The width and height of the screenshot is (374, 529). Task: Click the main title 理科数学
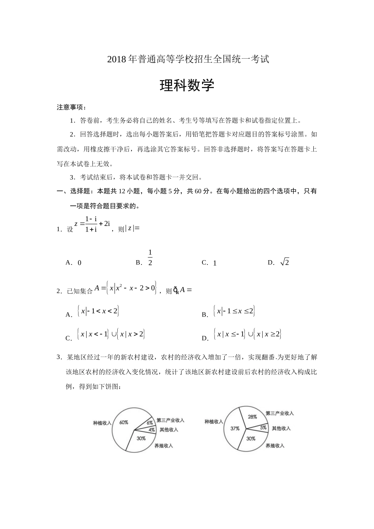[x=187, y=85]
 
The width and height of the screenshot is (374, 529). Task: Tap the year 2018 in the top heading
[x=116, y=60]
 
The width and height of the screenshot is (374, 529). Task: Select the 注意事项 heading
[x=71, y=107]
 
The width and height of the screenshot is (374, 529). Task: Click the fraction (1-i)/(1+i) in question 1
[x=91, y=224]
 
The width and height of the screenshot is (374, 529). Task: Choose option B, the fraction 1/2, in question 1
[x=150, y=258]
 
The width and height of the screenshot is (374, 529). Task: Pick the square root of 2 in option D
[x=284, y=262]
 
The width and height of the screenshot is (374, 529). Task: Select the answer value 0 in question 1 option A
[x=80, y=263]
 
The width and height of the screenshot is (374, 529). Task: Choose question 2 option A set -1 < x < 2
[x=98, y=311]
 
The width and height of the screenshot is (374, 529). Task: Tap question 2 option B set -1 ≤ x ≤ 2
[x=234, y=311]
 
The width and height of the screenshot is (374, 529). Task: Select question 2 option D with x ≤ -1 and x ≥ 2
[x=248, y=335]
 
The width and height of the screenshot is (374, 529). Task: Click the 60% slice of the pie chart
[x=124, y=422]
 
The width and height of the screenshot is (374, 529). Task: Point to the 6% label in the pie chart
[x=150, y=423]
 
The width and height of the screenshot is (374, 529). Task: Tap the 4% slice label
[x=152, y=430]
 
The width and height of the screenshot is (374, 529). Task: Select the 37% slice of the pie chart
[x=235, y=428]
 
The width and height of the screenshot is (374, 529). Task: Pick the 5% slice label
[x=263, y=427]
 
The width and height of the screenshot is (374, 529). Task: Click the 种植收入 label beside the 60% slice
[x=102, y=423]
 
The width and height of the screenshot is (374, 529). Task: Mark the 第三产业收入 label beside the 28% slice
[x=280, y=413]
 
